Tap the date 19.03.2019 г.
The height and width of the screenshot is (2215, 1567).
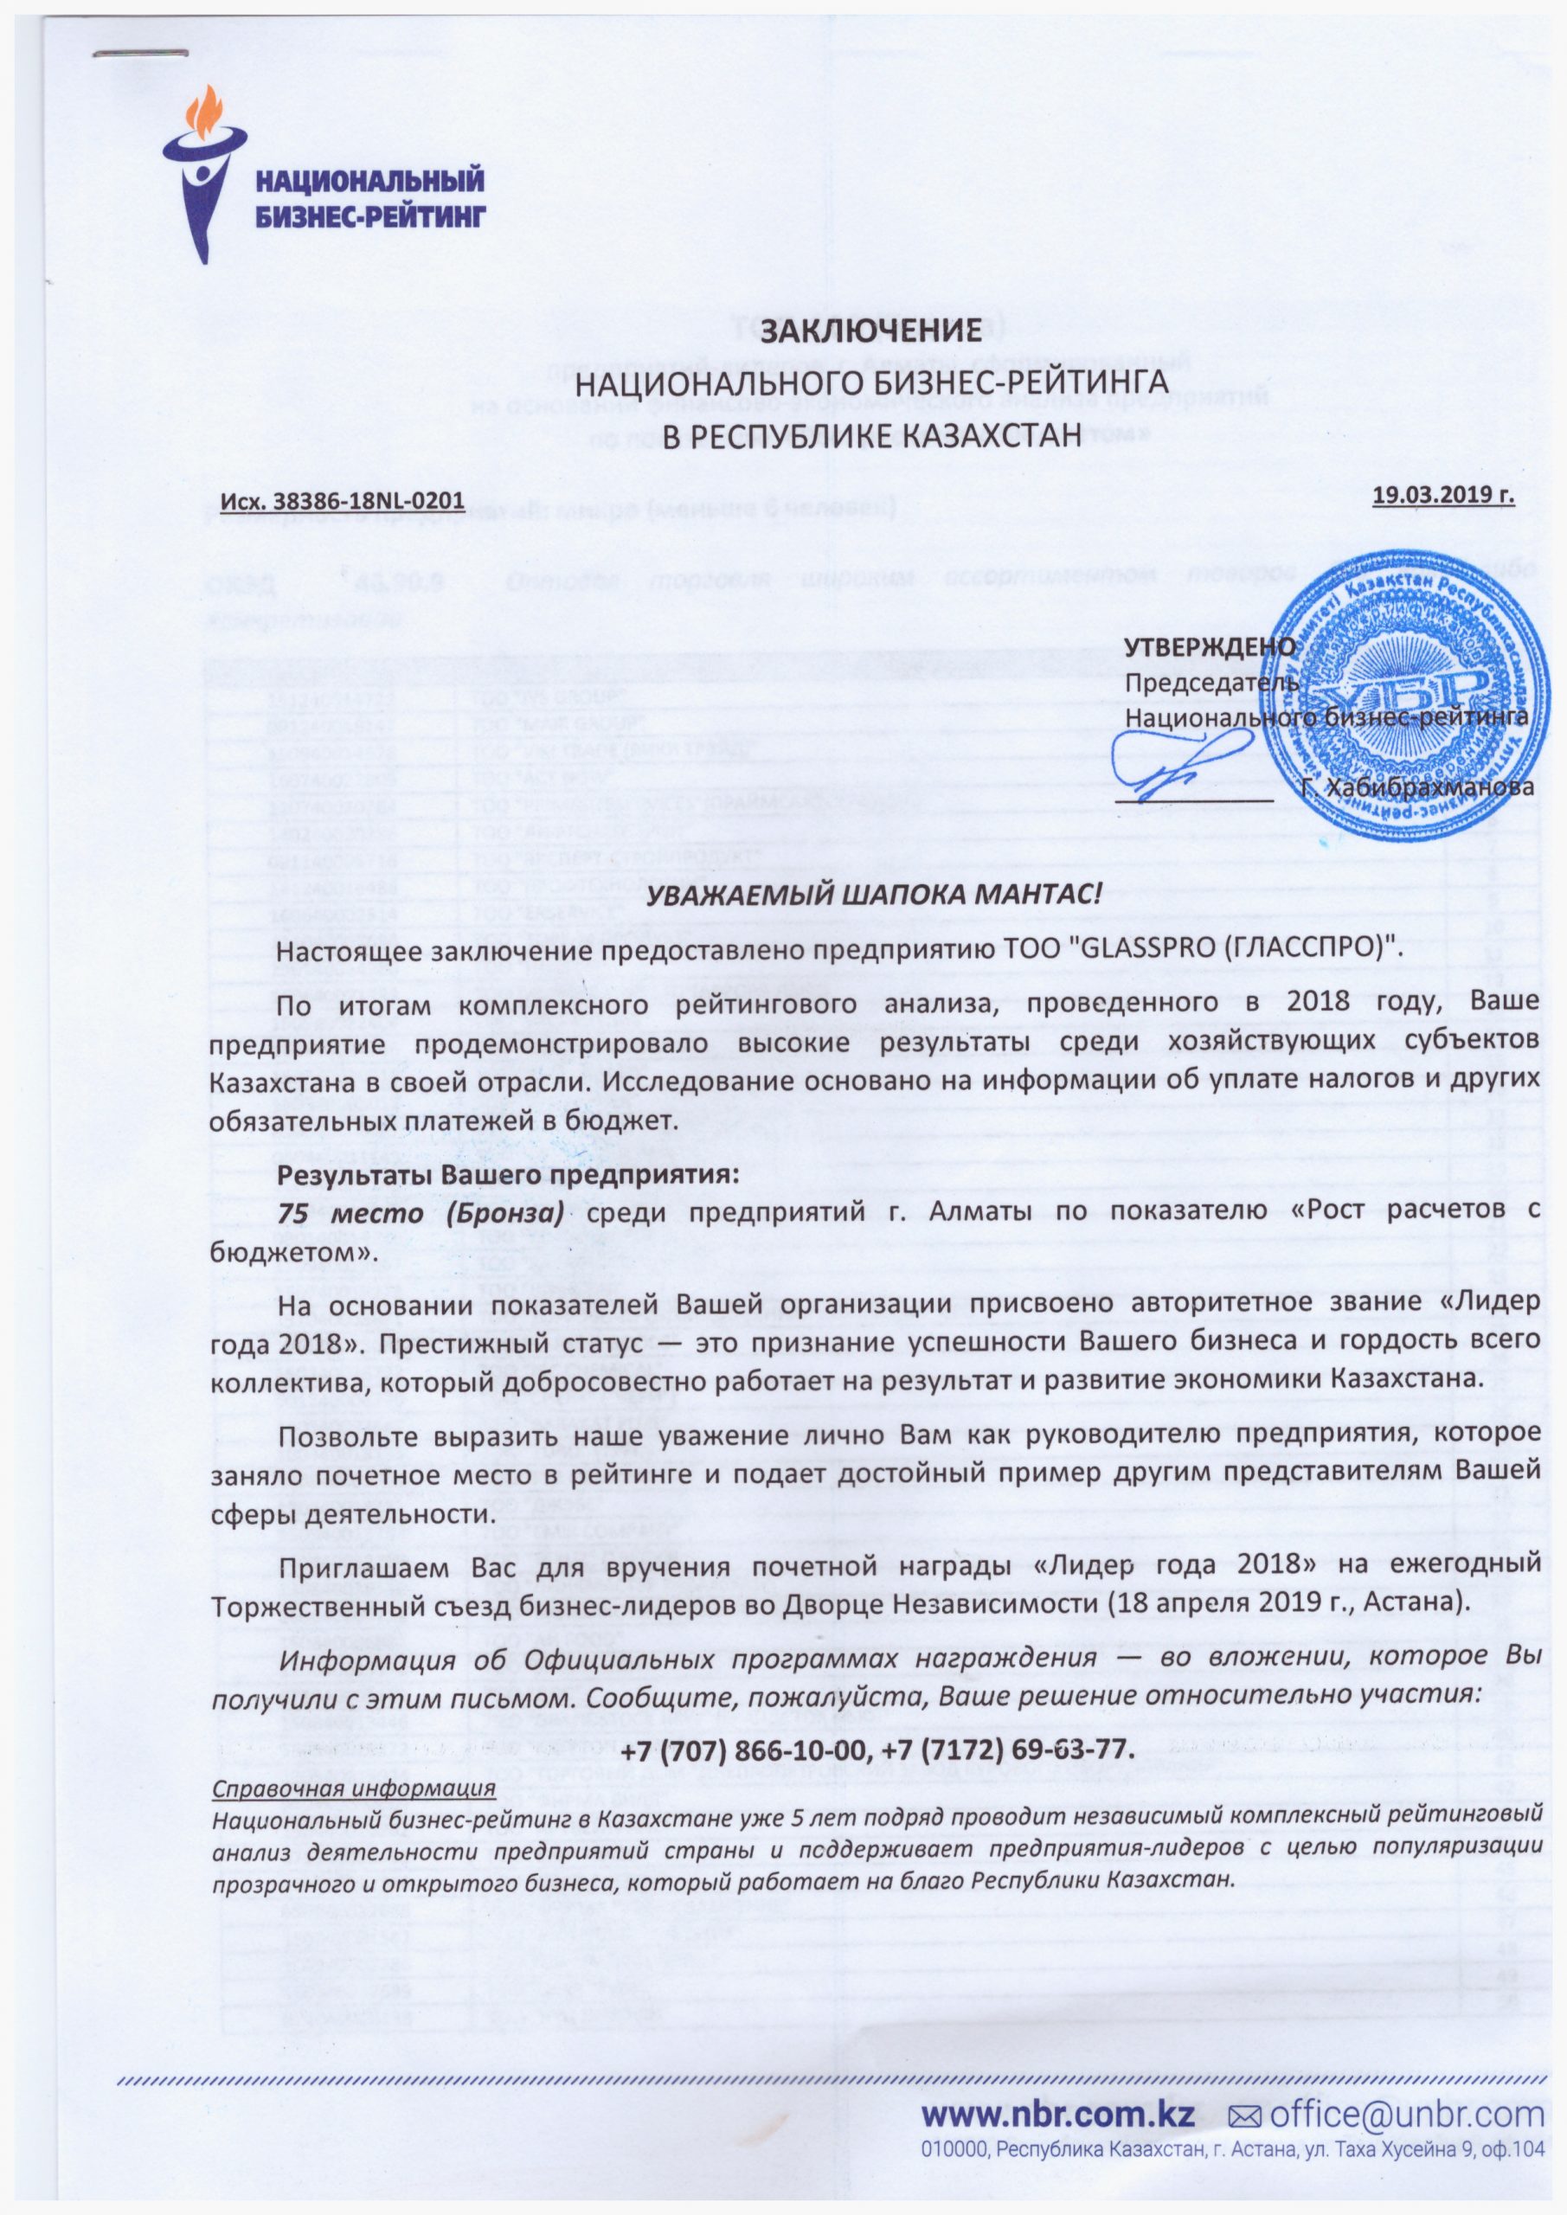point(1442,496)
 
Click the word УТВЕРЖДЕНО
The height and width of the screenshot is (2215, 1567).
point(1211,648)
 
